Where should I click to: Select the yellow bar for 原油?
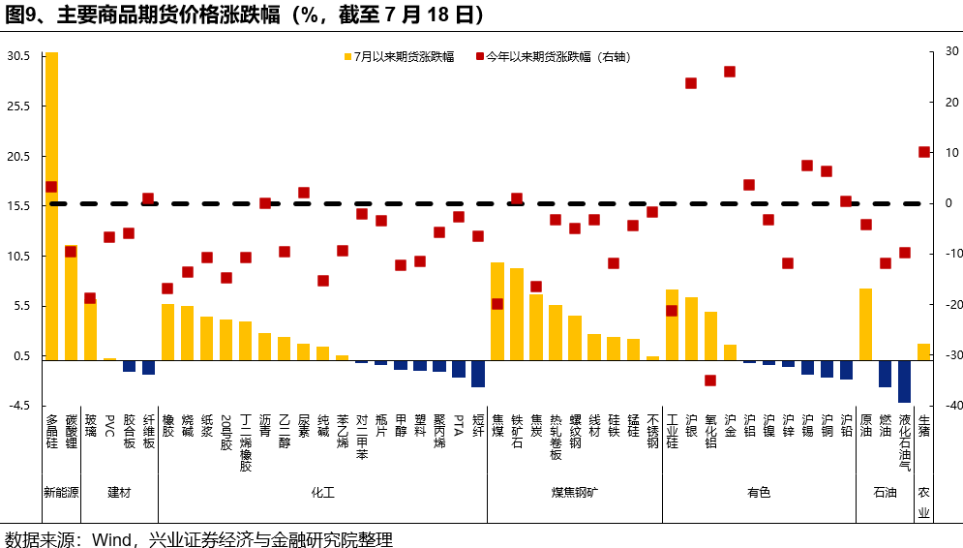point(865,324)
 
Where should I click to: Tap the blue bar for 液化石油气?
point(904,381)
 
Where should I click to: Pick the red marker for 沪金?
point(730,72)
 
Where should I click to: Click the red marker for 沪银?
point(691,83)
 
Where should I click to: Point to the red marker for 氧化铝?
point(710,381)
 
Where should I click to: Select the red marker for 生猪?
point(923,152)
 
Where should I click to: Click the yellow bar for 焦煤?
point(497,311)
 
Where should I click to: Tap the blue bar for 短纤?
point(478,374)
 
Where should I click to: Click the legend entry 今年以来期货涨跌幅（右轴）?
point(552,56)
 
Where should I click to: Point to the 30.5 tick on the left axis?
point(18,56)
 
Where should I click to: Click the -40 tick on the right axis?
point(951,406)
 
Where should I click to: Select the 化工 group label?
point(322,493)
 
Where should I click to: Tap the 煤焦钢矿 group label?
point(575,493)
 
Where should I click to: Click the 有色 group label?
point(759,493)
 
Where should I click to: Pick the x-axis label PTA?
point(459,425)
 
